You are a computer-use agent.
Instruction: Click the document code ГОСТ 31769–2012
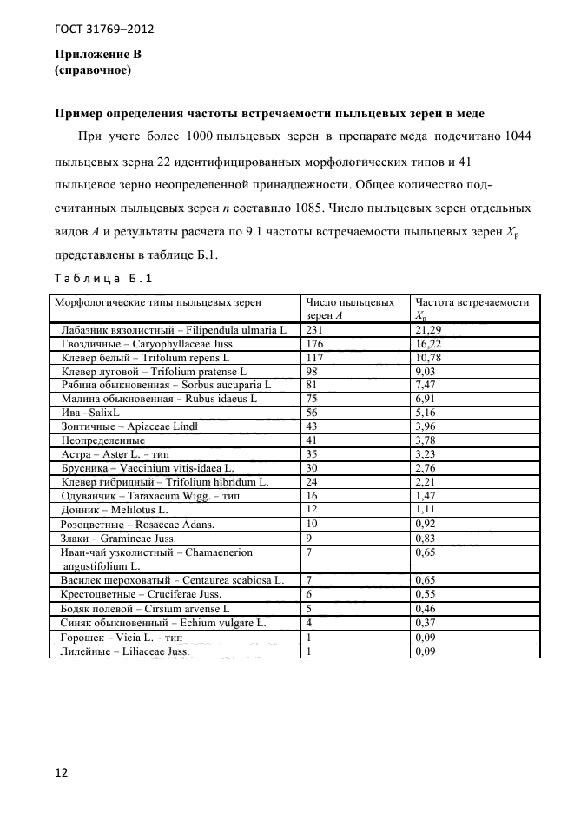pyautogui.click(x=103, y=30)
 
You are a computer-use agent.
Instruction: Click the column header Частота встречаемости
pyautogui.click(x=472, y=302)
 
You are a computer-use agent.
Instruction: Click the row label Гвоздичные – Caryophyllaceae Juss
pyautogui.click(x=147, y=344)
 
